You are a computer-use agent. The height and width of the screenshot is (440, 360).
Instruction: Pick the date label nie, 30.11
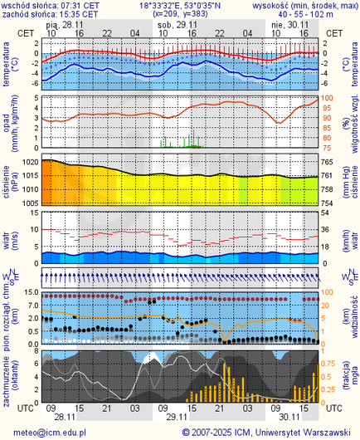[289, 25]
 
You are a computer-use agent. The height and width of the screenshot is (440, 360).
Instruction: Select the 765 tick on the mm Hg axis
[328, 163]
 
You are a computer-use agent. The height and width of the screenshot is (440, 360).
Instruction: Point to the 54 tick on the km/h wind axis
[327, 213]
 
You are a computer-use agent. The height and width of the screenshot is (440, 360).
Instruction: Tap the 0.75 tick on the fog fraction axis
[328, 363]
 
